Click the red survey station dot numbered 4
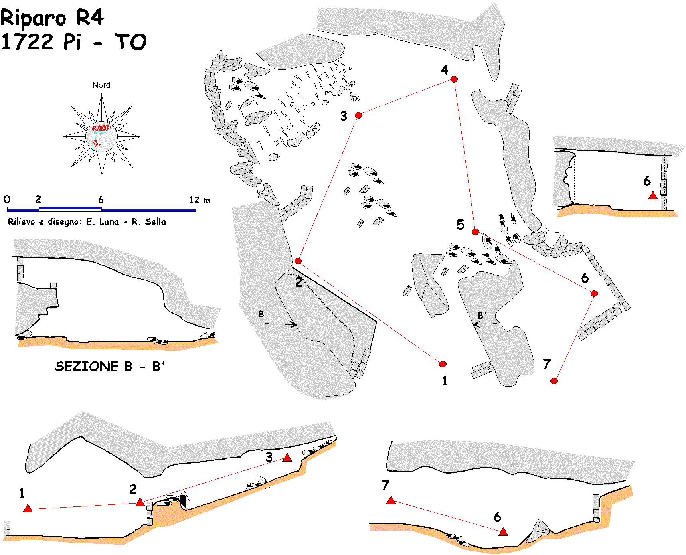pyautogui.click(x=454, y=79)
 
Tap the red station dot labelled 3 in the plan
pyautogui.click(x=358, y=115)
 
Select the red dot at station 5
pyautogui.click(x=475, y=232)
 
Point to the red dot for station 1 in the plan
pyautogui.click(x=443, y=364)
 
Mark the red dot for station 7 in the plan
pyautogui.click(x=554, y=381)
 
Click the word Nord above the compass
pyautogui.click(x=101, y=85)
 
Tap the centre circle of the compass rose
pyautogui.click(x=101, y=136)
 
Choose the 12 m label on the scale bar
pyautogui.click(x=199, y=199)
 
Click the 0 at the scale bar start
pyautogui.click(x=7, y=199)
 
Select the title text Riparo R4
pyautogui.click(x=52, y=18)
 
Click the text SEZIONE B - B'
pyautogui.click(x=110, y=366)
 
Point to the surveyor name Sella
pyautogui.click(x=155, y=222)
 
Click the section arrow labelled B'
pyautogui.click(x=485, y=324)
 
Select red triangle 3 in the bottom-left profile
pyautogui.click(x=287, y=458)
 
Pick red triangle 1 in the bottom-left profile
pyautogui.click(x=28, y=508)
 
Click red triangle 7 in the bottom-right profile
pyautogui.click(x=391, y=500)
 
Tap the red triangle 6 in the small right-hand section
pyautogui.click(x=653, y=196)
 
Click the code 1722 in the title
pyautogui.click(x=27, y=42)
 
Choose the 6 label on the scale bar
pyautogui.click(x=101, y=199)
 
